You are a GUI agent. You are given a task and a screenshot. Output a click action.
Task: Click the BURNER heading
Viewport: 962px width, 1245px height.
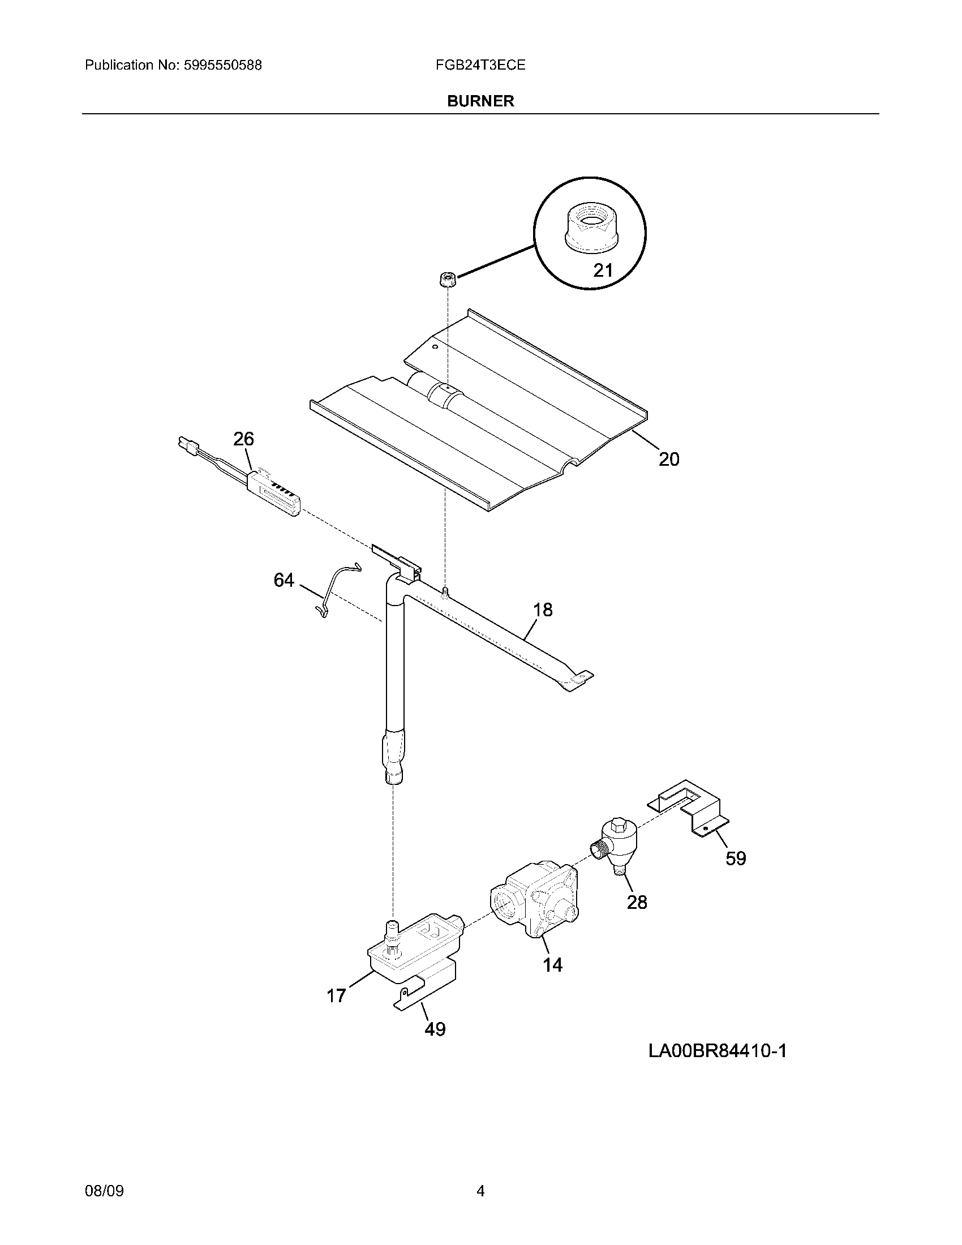pyautogui.click(x=480, y=101)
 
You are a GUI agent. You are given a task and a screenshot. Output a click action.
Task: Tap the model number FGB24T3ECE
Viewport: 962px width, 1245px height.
pyautogui.click(x=480, y=65)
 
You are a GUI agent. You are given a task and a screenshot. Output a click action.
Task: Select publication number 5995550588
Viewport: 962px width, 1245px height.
pyautogui.click(x=222, y=65)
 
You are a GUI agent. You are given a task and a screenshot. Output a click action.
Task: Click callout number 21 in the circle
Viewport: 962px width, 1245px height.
pyautogui.click(x=603, y=269)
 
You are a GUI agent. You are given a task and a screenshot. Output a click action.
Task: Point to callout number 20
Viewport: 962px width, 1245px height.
pyautogui.click(x=669, y=459)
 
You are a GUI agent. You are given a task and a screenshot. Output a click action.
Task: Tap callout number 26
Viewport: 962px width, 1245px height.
pyautogui.click(x=243, y=439)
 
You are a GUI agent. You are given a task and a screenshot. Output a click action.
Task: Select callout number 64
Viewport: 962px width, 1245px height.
pyautogui.click(x=284, y=579)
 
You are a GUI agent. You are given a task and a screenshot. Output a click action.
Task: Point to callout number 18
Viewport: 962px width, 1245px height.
pyautogui.click(x=543, y=610)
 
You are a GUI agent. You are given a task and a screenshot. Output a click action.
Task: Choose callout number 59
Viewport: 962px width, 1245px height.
pyautogui.click(x=736, y=874)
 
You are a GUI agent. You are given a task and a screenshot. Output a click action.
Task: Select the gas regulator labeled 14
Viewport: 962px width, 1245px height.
pyautogui.click(x=535, y=903)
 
